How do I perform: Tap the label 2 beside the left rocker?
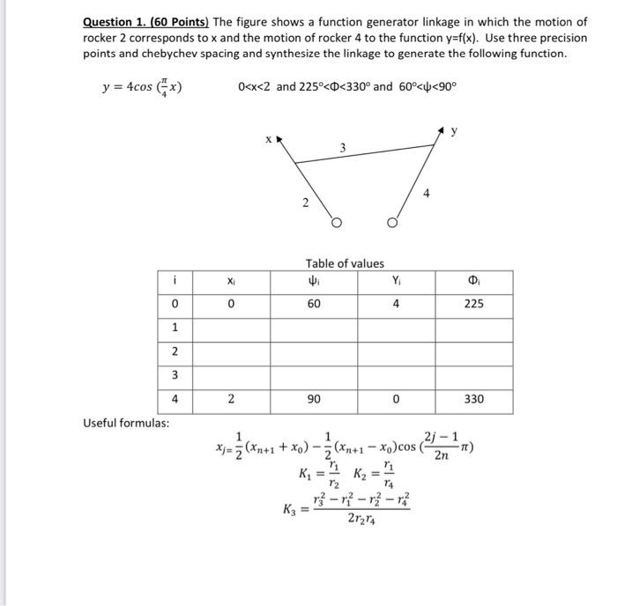tap(305, 203)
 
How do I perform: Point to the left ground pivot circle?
tap(334, 223)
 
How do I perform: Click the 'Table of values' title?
tap(345, 263)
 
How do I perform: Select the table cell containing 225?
tap(473, 304)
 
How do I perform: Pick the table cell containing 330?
tap(473, 399)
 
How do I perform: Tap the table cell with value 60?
tap(314, 304)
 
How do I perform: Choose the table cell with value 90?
tap(314, 399)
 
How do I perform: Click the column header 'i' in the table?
tap(175, 280)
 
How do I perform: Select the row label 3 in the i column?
tap(175, 376)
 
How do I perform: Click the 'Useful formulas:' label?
tap(126, 424)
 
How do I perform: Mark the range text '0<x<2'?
tap(256, 88)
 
